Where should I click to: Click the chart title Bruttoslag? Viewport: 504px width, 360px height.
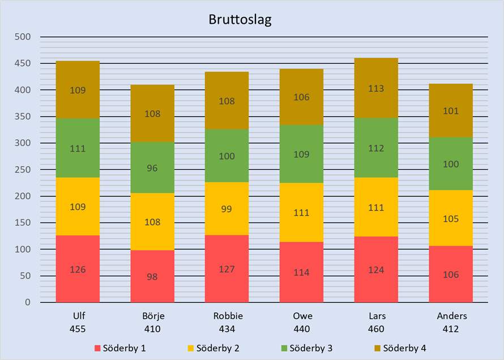point(240,21)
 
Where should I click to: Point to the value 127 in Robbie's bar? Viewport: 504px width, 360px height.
point(227,269)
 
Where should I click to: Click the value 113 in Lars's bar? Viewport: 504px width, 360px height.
point(376,88)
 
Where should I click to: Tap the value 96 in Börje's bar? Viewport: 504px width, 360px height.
point(152,168)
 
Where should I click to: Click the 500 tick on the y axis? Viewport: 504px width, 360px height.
point(23,37)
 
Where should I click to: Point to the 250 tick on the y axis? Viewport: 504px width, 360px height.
point(23,170)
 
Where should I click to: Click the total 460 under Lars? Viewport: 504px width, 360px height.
point(376,329)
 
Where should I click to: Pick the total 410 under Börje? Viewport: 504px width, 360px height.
point(152,329)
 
